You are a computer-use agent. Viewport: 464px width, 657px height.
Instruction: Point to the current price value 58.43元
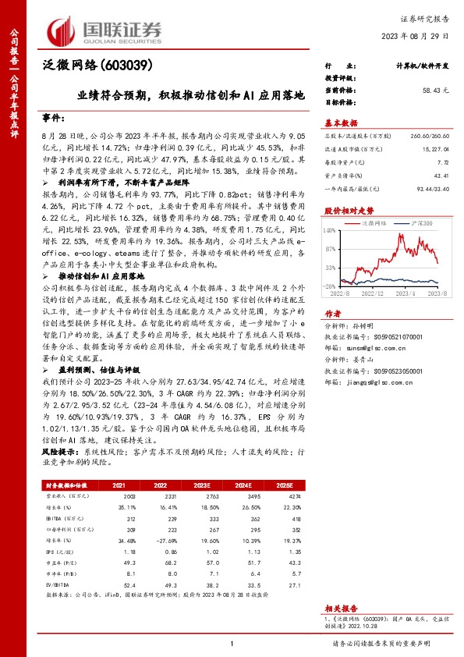tap(435, 91)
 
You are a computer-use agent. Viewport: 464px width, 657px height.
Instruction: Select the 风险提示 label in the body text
tap(58, 452)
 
